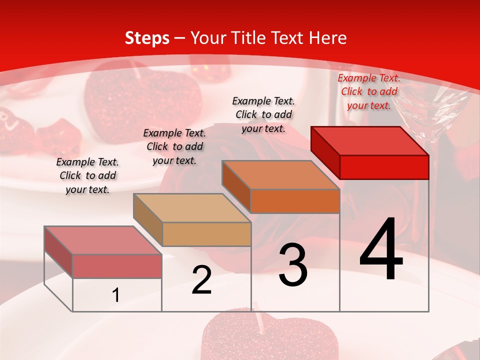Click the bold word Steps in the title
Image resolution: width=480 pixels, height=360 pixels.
pos(147,38)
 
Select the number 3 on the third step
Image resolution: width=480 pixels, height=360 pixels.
pos(293,265)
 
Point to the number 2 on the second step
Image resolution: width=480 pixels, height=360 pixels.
pos(201,280)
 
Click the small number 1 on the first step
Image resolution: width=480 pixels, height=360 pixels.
pos(116,295)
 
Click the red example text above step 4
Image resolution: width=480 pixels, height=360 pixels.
pos(369,91)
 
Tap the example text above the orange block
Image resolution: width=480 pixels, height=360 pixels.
pos(263,114)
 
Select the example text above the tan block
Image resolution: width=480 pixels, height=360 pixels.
pos(174,146)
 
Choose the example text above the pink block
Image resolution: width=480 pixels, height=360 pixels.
pos(87,175)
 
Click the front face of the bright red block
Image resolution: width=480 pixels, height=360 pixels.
pos(384,167)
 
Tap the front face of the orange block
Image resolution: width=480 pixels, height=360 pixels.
pos(295,201)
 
